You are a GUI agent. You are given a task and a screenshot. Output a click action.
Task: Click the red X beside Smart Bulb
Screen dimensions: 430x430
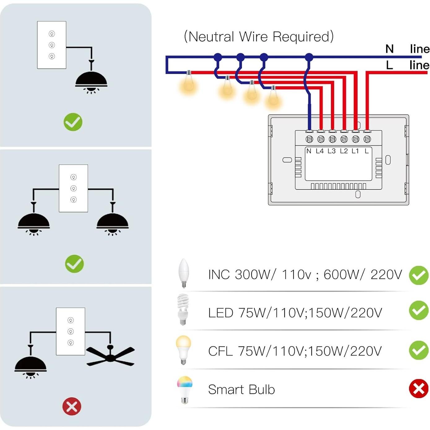(419, 389)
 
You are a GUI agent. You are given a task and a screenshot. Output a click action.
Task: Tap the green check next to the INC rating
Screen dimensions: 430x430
(419, 275)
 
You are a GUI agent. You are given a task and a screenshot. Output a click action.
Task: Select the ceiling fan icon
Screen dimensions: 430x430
(110, 356)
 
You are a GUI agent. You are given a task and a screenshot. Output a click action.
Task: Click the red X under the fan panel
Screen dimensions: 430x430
(72, 406)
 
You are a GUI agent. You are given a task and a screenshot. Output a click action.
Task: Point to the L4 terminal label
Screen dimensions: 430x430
(320, 151)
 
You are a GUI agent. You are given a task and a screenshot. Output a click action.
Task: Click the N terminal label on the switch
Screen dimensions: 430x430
(309, 151)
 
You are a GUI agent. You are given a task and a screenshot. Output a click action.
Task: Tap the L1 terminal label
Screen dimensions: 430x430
(355, 151)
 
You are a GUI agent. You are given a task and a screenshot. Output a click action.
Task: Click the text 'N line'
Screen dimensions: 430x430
(407, 49)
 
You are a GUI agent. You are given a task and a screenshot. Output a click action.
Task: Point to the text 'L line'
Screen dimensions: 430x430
(407, 65)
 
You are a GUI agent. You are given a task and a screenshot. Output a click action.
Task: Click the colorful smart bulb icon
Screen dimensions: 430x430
(185, 389)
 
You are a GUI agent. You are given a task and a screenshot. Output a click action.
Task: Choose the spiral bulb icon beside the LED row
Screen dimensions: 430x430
(183, 309)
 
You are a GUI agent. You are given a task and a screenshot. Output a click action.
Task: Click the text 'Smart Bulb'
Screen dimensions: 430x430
(241, 389)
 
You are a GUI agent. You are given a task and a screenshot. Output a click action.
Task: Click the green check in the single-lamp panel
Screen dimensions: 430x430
(73, 122)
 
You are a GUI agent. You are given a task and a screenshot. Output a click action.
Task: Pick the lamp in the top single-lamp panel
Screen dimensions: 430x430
(91, 81)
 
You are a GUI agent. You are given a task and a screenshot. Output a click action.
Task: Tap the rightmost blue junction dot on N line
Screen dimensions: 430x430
(309, 57)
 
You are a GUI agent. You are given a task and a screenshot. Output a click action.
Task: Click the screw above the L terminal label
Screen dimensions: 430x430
(367, 139)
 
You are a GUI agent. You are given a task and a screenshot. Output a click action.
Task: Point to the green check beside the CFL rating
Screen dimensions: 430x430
(419, 350)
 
